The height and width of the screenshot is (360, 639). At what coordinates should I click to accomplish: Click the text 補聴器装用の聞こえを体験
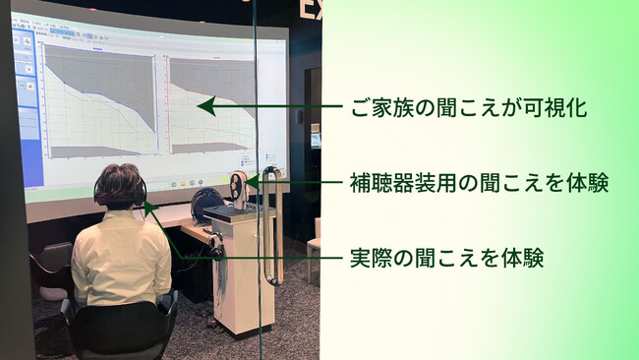click(x=479, y=183)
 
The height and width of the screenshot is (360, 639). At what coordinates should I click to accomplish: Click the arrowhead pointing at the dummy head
click(x=252, y=181)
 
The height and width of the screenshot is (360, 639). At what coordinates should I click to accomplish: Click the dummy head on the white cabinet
click(x=239, y=188)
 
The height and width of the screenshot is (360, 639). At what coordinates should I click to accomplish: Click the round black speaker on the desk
click(x=207, y=204)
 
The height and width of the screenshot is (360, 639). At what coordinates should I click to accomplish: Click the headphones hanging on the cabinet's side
click(x=216, y=246)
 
